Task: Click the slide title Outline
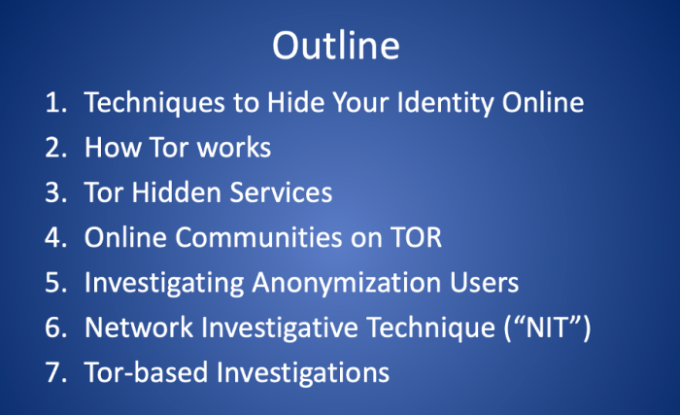pos(335,46)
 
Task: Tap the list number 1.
pos(54,102)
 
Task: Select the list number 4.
pos(54,237)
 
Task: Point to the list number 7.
pos(54,372)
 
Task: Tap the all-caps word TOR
pos(417,237)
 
